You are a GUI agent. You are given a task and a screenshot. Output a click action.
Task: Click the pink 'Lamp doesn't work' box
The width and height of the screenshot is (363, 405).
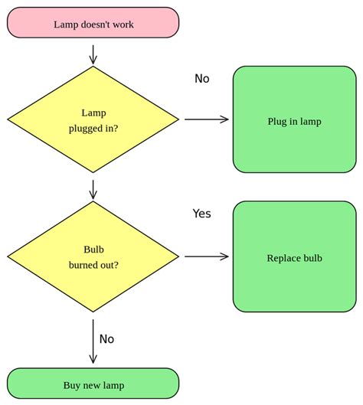(x=93, y=23)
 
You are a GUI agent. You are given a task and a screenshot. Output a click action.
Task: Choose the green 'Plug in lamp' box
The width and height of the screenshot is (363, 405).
(x=294, y=120)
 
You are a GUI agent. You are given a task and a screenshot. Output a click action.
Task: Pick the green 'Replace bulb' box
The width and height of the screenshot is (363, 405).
(x=294, y=257)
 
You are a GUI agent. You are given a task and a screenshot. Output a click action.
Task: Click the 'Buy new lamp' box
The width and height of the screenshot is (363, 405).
(x=93, y=384)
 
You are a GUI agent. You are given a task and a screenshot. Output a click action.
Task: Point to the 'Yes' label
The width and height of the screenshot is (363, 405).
(x=201, y=214)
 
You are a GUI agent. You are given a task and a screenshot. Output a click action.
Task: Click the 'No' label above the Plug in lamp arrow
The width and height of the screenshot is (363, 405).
(x=201, y=78)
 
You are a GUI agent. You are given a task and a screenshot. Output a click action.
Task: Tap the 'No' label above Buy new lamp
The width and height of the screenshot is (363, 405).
(x=106, y=338)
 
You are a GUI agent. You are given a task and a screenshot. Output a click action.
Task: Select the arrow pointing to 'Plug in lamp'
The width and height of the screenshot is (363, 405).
(x=207, y=119)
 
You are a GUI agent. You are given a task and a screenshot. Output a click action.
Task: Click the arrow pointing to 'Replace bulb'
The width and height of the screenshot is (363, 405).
(x=207, y=256)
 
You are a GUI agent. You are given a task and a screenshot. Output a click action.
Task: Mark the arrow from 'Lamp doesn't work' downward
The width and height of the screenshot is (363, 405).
(x=93, y=54)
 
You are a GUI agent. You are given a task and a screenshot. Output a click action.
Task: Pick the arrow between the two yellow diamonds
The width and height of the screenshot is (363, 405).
(x=93, y=189)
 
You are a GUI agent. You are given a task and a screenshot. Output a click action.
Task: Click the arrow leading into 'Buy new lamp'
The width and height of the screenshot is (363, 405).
(x=93, y=341)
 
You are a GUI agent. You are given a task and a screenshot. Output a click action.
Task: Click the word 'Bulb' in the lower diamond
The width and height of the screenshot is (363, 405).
(x=93, y=250)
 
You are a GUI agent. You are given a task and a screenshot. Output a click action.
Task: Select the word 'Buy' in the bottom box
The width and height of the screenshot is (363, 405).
(x=72, y=385)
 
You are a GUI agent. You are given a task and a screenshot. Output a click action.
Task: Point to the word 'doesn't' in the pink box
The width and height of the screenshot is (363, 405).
(x=95, y=24)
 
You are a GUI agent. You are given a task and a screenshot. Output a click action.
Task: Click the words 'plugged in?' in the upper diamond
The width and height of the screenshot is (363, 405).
(x=93, y=128)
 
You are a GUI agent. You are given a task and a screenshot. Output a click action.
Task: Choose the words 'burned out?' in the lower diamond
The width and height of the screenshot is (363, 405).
(x=93, y=265)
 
